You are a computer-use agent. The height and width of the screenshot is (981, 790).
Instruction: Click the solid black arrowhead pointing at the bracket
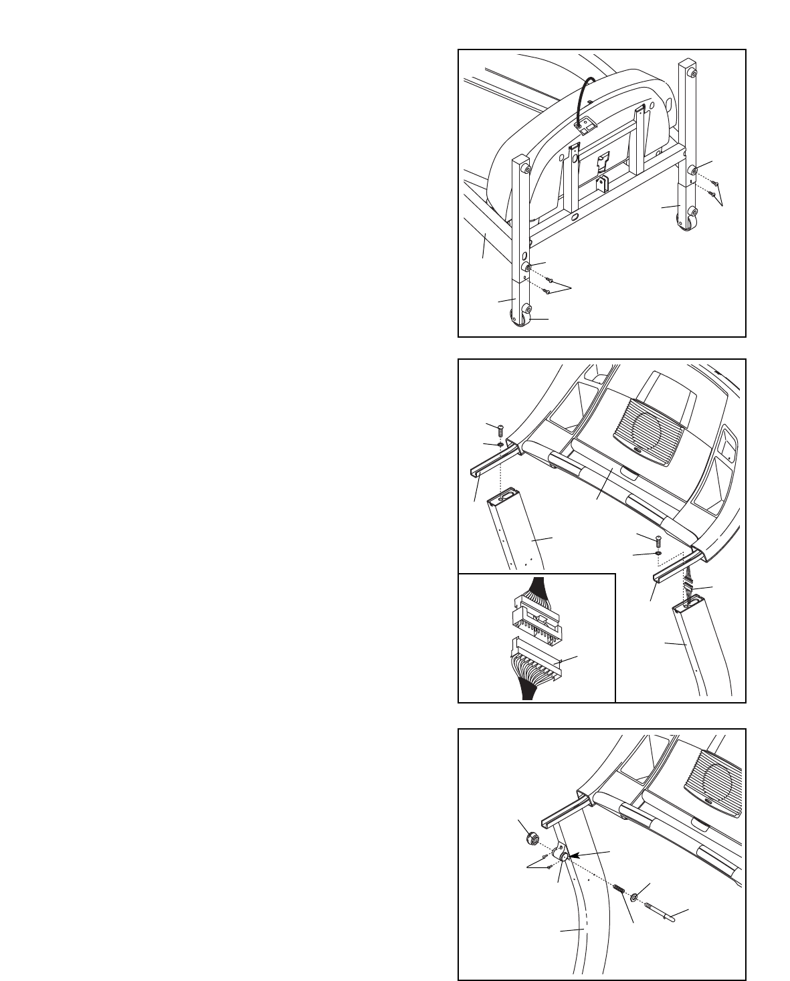point(574,855)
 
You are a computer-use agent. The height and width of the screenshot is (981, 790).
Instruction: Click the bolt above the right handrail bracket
point(658,540)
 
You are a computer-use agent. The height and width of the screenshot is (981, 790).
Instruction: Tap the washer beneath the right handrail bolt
point(658,554)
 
